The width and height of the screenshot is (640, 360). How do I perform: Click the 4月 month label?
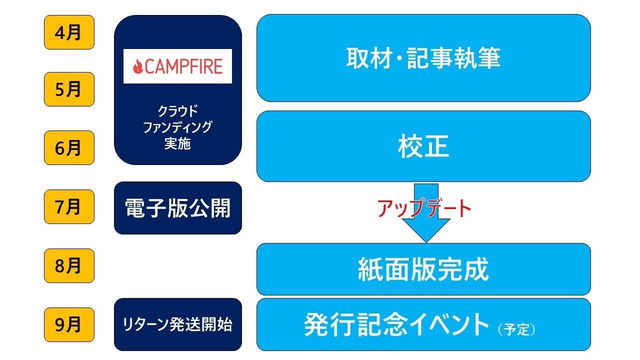tap(69, 32)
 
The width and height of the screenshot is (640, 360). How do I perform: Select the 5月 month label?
tap(69, 89)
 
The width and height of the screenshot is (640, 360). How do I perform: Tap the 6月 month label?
tap(69, 148)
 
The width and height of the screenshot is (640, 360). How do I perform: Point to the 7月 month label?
tap(69, 206)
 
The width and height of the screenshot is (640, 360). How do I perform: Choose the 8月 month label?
tap(69, 265)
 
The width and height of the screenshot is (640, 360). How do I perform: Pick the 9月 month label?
tap(69, 324)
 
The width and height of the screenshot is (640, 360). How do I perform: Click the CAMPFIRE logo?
tap(177, 66)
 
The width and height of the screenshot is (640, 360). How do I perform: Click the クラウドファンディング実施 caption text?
tap(177, 127)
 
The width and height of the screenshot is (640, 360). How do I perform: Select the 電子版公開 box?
tap(177, 208)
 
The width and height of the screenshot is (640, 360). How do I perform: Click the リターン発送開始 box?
tap(177, 324)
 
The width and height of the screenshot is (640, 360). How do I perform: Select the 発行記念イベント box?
tap(423, 324)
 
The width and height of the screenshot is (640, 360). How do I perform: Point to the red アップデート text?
tap(424, 208)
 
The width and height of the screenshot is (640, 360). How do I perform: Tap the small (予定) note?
tap(516, 329)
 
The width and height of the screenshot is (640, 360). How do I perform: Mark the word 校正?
tap(423, 147)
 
